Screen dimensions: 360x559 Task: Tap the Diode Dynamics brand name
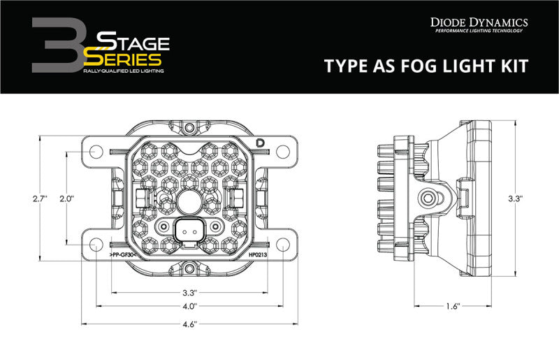click(x=479, y=22)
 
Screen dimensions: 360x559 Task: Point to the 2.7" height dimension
click(x=38, y=199)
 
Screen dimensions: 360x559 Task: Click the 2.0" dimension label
click(x=67, y=199)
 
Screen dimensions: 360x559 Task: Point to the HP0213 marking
click(x=256, y=257)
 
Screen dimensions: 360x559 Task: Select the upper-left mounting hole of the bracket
click(x=96, y=150)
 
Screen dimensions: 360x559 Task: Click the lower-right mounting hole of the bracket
click(x=282, y=245)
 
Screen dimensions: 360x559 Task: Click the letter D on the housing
click(x=261, y=142)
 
